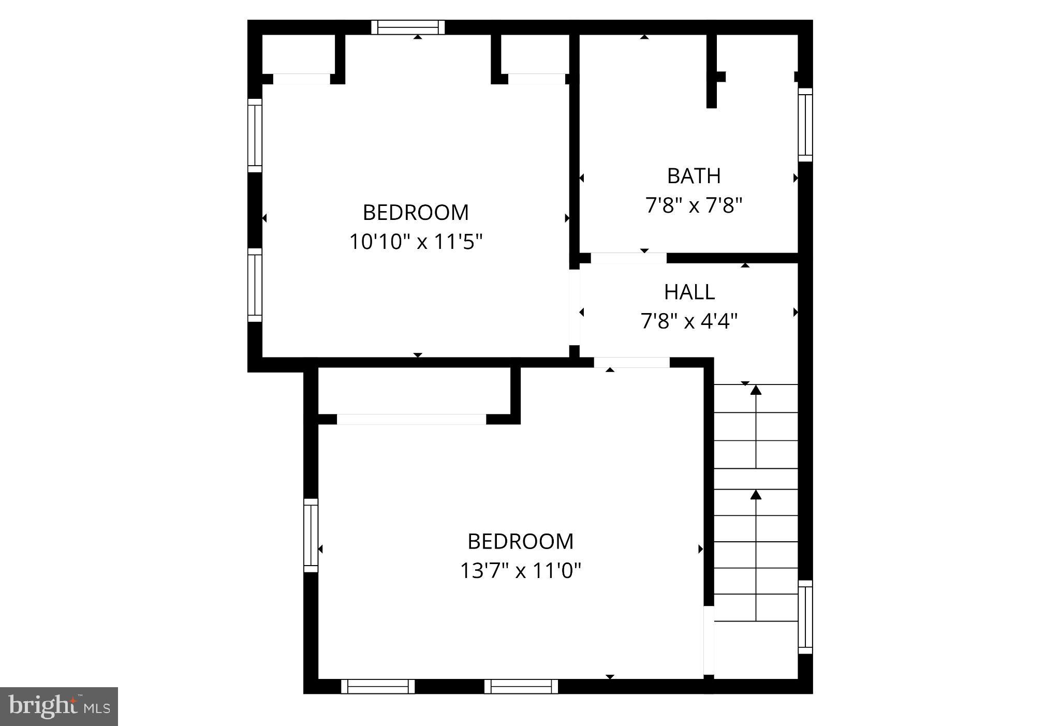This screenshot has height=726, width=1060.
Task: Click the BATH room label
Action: point(694,176)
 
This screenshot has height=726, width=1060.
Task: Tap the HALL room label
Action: point(689,292)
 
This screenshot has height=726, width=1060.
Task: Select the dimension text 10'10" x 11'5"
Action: point(416,242)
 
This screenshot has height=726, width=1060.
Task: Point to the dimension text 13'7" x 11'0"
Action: point(521,571)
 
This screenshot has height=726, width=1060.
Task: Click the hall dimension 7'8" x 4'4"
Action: point(689,321)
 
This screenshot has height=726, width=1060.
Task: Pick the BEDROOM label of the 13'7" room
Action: point(521,541)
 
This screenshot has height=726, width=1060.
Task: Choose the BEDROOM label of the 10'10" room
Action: point(416,212)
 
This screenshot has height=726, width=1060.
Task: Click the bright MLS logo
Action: point(59,706)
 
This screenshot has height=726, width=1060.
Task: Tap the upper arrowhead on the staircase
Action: point(756,390)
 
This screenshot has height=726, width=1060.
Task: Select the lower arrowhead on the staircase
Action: point(756,495)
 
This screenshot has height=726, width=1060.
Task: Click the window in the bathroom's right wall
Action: point(805,125)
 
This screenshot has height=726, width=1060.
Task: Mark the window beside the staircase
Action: point(805,617)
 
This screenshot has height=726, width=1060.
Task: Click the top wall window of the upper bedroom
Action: point(408,27)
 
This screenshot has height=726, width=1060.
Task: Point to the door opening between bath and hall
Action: point(628,258)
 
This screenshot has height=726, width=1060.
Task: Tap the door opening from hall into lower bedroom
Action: point(631,362)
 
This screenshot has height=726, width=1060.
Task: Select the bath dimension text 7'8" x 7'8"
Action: point(694,205)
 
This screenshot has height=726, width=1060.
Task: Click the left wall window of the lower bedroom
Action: point(311,535)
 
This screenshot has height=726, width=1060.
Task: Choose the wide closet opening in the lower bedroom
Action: point(411,419)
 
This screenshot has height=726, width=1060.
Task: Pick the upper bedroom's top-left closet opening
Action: point(301,79)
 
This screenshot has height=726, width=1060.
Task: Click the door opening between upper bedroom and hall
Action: point(574,307)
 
